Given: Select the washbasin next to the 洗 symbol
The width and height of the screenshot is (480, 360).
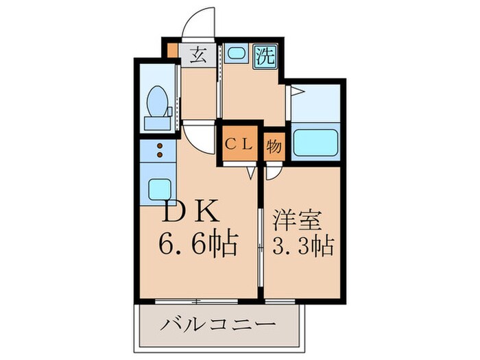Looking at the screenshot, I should coord(236,54).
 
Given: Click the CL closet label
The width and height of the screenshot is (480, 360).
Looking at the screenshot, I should coord(239,145).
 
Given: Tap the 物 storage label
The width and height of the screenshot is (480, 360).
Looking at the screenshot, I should coord(273,145).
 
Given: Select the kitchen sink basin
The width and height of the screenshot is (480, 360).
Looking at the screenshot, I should coord(158,187).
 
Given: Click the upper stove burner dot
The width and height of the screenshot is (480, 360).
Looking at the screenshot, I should coord(159,146).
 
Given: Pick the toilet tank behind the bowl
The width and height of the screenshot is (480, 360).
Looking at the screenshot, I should coord(158,123).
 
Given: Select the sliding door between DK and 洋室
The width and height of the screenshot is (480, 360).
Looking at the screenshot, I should coord(261,233).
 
